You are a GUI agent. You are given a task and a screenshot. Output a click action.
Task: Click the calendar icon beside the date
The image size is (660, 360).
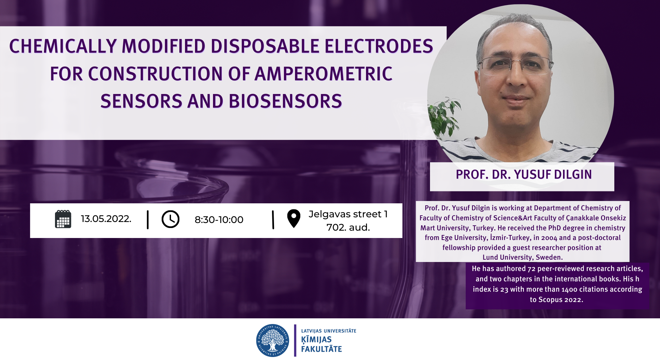(63, 219)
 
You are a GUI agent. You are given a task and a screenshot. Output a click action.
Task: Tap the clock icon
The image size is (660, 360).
(170, 219)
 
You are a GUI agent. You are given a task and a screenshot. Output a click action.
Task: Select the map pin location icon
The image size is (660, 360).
(294, 218)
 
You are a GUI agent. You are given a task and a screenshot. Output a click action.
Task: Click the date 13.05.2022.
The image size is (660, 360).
(106, 219)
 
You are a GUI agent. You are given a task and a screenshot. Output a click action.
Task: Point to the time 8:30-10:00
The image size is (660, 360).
(219, 220)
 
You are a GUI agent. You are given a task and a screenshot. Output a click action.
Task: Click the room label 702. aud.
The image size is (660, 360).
(348, 227)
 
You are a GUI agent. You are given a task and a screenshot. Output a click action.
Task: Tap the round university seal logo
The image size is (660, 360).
(272, 340)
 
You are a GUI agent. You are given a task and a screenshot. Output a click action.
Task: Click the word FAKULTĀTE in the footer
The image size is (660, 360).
(321, 349)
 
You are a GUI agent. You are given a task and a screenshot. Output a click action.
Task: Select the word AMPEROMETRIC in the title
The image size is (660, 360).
(324, 74)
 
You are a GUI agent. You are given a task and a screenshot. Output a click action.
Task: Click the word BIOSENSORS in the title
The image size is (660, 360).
(285, 101)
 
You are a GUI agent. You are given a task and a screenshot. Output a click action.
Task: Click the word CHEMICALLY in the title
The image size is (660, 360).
(63, 46)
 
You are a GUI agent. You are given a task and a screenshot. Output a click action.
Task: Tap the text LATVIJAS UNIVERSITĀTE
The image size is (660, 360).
(329, 331)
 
